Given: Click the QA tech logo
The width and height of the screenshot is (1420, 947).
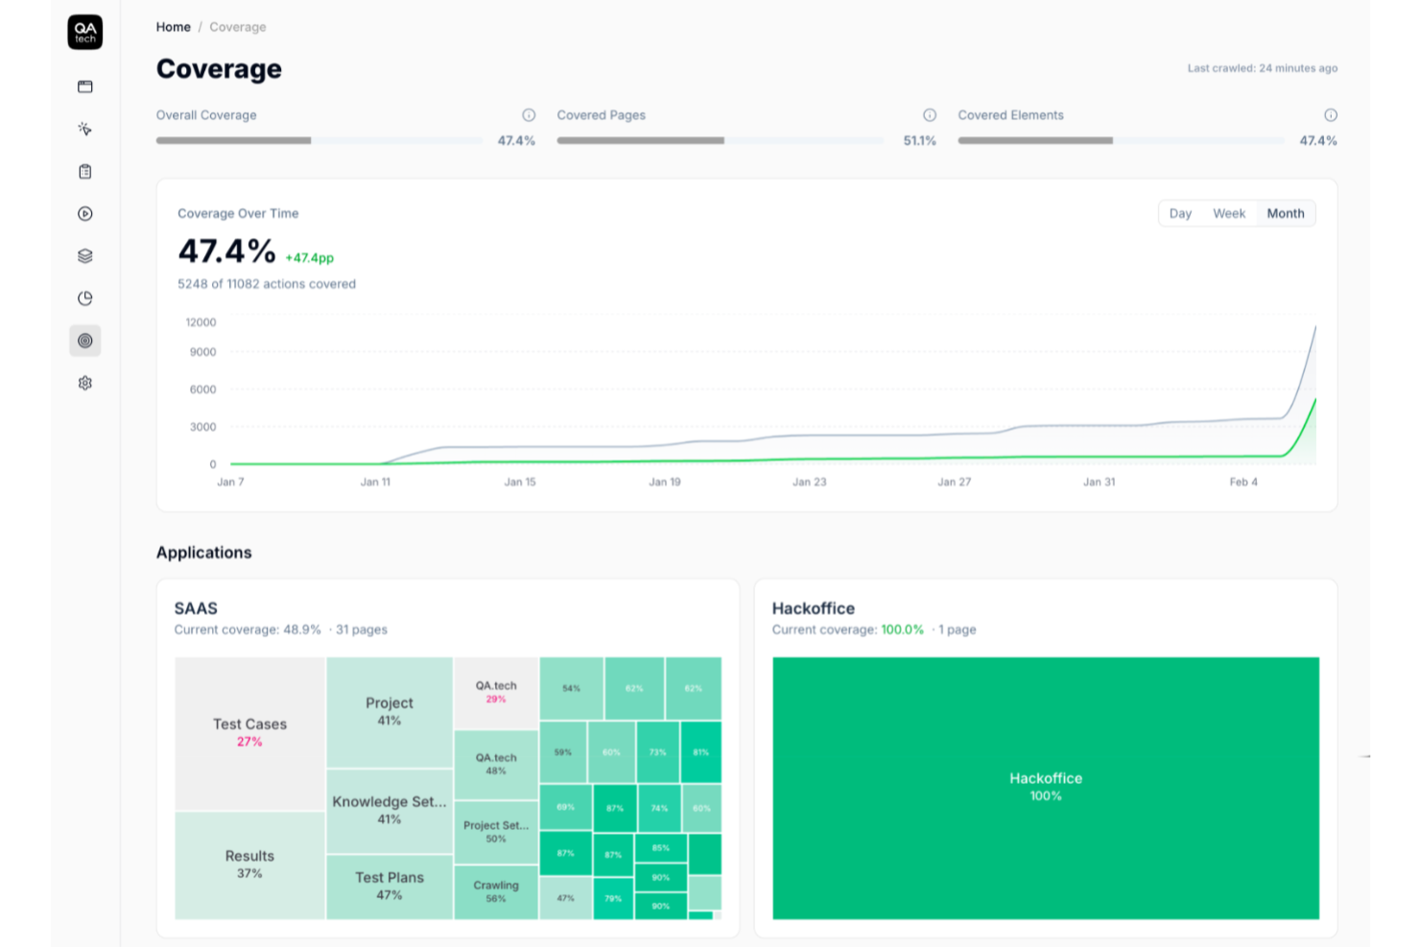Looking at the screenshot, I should coord(85,32).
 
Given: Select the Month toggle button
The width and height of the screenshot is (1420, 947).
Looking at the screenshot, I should coord(1285,213).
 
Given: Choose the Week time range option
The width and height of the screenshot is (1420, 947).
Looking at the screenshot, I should coord(1228,213).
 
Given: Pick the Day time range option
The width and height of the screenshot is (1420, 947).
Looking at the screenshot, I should coord(1180,213).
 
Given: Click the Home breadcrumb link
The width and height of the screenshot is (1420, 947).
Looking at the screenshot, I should coord(174,27).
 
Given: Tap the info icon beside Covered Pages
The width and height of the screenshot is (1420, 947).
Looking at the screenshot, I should coord(930,115).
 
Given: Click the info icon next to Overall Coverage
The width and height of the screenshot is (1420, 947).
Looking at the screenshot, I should coord(529,115).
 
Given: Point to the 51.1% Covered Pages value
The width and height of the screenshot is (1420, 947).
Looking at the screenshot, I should coord(919,141).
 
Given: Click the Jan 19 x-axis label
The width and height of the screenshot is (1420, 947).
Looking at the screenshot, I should coord(665,482).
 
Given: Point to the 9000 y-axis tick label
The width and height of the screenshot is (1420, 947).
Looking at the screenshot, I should coord(202,352).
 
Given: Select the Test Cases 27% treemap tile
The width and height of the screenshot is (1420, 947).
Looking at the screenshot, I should coord(249,733).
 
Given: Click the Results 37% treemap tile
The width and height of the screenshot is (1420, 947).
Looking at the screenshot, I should coord(249,864).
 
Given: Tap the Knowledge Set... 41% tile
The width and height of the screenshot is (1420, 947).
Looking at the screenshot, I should coord(390,810).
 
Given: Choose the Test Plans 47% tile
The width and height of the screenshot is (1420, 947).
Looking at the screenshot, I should coord(390,886).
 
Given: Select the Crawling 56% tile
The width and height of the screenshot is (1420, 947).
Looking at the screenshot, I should coord(496,891).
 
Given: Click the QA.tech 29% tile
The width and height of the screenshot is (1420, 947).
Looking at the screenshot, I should coord(496,692).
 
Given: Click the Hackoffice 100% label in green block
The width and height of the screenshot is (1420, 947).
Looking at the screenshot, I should coord(1045,787).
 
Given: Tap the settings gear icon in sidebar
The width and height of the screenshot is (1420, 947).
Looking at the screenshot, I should coord(85,383).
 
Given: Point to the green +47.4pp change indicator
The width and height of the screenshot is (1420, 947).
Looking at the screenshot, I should coord(309,258).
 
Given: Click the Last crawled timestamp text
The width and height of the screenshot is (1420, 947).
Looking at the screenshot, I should coord(1262,68).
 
